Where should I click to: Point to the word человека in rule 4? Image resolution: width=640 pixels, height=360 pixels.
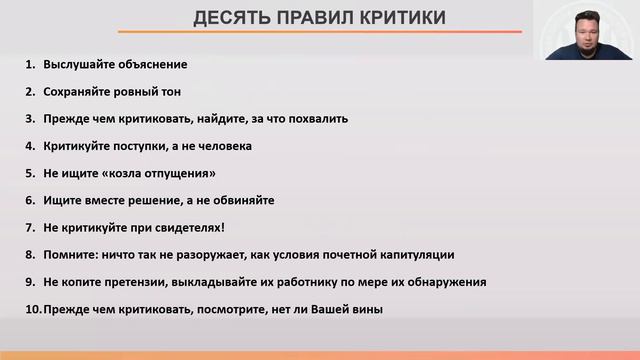222,146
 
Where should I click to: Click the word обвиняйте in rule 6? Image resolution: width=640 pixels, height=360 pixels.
240,200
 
